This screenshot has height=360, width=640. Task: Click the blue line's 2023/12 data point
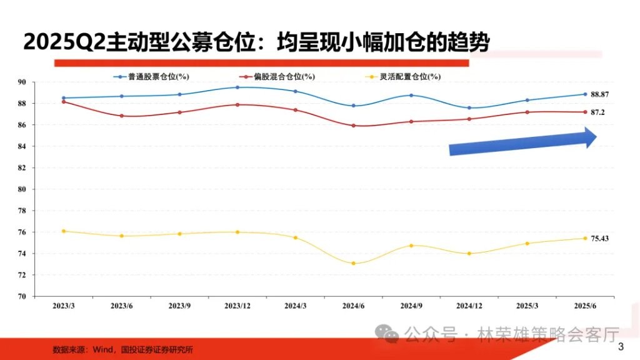point(237,87)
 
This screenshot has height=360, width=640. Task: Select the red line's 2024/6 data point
point(354,126)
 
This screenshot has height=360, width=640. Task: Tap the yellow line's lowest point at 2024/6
point(354,263)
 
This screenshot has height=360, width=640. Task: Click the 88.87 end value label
point(599,94)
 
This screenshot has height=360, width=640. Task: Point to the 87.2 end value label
point(597,112)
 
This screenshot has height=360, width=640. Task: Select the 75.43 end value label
point(599,238)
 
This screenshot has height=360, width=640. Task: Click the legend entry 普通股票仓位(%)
point(151,76)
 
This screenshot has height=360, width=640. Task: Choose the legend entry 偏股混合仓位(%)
point(277,76)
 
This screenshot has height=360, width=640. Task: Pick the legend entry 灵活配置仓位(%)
point(403,76)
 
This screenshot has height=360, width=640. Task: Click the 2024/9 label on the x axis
point(411,306)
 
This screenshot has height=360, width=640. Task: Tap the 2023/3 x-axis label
point(64,306)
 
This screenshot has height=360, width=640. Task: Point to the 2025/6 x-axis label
point(585,306)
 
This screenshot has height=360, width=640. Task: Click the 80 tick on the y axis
point(22,189)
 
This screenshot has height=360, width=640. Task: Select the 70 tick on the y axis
point(22,297)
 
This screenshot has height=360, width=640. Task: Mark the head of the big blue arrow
point(596,137)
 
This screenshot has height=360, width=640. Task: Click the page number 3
point(621,347)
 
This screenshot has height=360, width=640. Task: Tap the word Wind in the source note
point(102,350)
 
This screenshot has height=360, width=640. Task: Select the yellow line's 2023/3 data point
point(64,231)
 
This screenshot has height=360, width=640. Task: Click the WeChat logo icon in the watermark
point(387,333)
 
